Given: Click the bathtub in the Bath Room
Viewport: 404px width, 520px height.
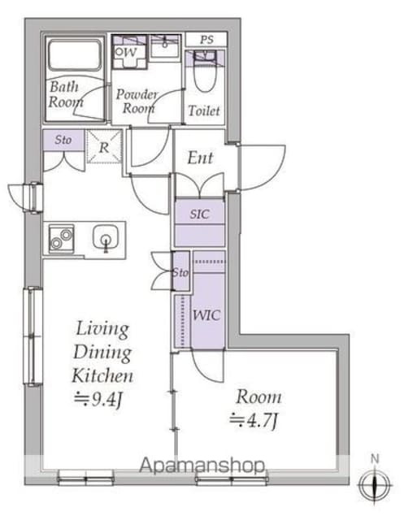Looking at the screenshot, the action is coord(75,55).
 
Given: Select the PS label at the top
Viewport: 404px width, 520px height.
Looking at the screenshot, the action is coord(206,40).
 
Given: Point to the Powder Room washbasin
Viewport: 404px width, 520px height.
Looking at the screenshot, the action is coord(165,47).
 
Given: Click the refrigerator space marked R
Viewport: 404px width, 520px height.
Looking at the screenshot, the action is coord(105,146).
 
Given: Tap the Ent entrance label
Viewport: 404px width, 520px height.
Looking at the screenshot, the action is coord(200,158).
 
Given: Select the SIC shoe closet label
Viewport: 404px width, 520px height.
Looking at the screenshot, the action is coord(200,214).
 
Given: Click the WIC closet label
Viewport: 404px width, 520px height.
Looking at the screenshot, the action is coord(206,315).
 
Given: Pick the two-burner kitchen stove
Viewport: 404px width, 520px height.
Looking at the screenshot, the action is coord(61,239).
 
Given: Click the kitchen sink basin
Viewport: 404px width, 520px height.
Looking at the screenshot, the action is coord(106,238).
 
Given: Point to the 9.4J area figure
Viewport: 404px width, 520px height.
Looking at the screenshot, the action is coord(98,399).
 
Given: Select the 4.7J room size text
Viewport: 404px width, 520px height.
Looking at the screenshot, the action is coord(254,421).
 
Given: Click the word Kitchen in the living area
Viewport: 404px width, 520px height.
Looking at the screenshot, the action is coord(102,375).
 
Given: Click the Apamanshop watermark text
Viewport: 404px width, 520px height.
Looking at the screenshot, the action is coord(202,466).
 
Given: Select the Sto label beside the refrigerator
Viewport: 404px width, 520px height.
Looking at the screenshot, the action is coord(63,140).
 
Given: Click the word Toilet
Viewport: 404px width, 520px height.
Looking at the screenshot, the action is coord(204,110).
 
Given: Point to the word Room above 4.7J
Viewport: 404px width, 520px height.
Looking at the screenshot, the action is coord(258,397).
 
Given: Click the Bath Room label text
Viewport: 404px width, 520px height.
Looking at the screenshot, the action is coord(65,94).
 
